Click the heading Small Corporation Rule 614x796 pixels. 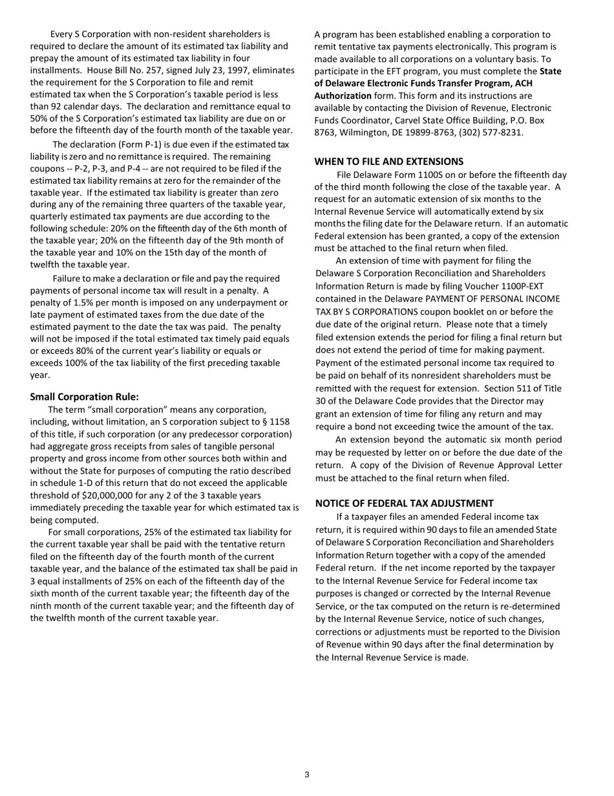point(84,397)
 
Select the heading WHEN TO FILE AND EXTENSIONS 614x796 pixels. point(388,161)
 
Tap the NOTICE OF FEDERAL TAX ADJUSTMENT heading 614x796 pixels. point(404,503)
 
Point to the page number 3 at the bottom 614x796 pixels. point(307,775)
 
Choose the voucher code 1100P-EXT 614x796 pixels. point(522,285)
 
